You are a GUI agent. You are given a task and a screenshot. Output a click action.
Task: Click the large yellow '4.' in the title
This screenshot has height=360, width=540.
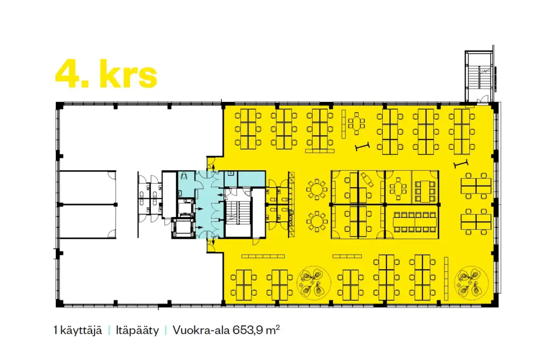[72, 74]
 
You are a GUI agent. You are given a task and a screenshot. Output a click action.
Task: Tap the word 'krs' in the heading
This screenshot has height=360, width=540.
[129, 74]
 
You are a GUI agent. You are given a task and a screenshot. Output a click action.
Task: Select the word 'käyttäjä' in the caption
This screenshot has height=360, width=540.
[81, 330]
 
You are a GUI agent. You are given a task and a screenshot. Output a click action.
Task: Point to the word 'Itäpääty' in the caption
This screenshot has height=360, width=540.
[138, 330]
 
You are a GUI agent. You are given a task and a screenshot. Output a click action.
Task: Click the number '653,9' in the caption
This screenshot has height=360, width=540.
[248, 330]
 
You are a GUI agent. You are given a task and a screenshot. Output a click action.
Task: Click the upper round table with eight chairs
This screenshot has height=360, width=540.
[317, 189]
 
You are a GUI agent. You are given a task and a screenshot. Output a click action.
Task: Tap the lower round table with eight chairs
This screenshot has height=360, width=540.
[317, 221]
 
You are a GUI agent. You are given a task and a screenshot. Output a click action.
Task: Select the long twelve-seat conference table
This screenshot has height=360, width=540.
[415, 222]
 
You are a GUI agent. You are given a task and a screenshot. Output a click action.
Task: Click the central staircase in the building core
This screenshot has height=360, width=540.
[238, 213]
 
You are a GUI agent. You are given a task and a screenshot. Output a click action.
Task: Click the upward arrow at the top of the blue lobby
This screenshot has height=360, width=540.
[213, 167]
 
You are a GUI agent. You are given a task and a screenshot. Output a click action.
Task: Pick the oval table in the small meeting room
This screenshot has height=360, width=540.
[398, 189]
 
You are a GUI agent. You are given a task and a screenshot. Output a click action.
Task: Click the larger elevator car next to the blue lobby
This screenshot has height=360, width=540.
[183, 228]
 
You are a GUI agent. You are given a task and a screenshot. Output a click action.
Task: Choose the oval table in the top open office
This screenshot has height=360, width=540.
[356, 123]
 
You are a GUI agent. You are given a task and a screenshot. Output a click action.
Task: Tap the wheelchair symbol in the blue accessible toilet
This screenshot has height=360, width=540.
[184, 176]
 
